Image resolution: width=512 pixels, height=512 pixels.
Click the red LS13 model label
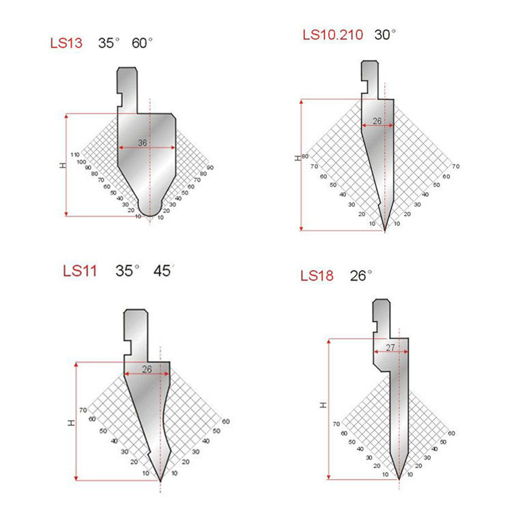(x=66, y=43)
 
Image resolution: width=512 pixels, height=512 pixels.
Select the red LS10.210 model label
(x=332, y=35)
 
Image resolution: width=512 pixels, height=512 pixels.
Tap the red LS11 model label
(x=80, y=271)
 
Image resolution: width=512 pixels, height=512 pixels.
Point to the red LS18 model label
(x=317, y=276)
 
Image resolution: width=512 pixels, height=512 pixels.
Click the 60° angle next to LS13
(x=142, y=43)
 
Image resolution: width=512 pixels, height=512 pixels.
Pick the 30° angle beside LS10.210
(x=385, y=35)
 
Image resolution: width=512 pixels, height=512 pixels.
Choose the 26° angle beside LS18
(x=361, y=276)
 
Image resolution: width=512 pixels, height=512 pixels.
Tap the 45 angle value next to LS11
(x=162, y=271)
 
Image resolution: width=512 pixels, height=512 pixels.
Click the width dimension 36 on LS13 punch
(x=143, y=143)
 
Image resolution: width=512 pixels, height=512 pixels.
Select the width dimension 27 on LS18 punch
(x=390, y=347)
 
